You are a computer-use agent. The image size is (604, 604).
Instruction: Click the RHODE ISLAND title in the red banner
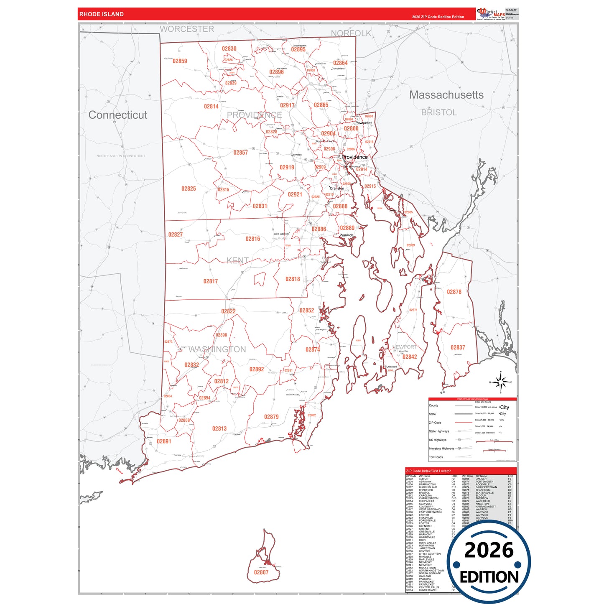(x=102, y=14)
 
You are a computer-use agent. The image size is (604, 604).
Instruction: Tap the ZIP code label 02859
(x=180, y=61)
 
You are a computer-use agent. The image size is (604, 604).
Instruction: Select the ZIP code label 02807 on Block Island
(x=261, y=572)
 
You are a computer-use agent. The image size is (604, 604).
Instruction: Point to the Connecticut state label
(x=118, y=115)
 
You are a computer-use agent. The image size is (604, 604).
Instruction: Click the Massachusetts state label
(x=446, y=95)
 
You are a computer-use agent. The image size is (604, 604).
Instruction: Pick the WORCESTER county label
(x=187, y=29)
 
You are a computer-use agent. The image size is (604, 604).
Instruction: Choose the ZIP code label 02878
(x=454, y=292)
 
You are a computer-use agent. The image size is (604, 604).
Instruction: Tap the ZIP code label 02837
(x=458, y=347)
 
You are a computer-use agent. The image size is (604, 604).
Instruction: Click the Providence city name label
(x=354, y=157)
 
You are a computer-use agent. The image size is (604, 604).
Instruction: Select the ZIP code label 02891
(x=164, y=441)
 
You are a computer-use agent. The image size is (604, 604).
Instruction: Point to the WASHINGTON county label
(x=217, y=349)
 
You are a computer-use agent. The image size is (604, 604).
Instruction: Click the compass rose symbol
(x=500, y=382)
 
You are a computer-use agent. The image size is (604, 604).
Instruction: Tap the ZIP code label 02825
(x=189, y=189)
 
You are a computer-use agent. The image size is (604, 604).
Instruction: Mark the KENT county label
(x=237, y=260)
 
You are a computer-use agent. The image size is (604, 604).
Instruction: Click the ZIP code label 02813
(x=219, y=428)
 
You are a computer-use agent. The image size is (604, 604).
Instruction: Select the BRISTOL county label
(x=439, y=112)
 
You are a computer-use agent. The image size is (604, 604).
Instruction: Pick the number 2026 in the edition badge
(x=489, y=550)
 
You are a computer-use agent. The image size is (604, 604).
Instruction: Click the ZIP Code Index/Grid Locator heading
(x=428, y=471)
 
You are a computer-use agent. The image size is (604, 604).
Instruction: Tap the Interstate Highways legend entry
(x=441, y=449)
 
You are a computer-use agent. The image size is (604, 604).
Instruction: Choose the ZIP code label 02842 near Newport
(x=410, y=357)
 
